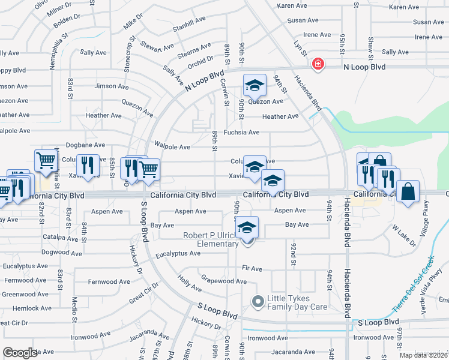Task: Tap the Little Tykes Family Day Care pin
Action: [x=258, y=302]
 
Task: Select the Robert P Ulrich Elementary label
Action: [x=211, y=239]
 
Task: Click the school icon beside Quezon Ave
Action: [x=255, y=86]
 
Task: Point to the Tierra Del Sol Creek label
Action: [x=413, y=283]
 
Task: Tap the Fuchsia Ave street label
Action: [x=241, y=132]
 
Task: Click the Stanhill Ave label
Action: [x=188, y=28]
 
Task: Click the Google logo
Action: [x=20, y=353]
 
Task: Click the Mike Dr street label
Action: [x=133, y=22]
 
